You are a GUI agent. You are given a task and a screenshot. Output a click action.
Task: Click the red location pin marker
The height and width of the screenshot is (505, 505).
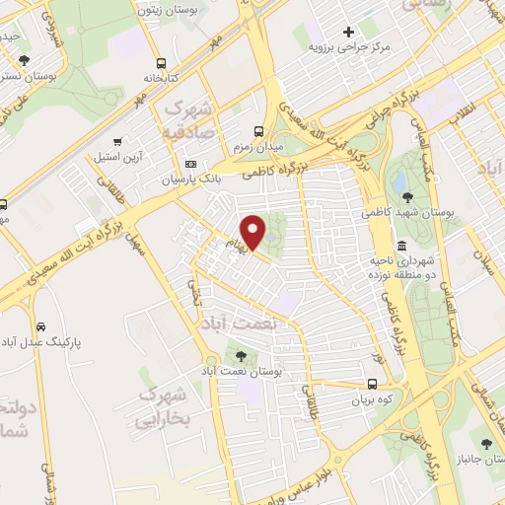[x=254, y=232]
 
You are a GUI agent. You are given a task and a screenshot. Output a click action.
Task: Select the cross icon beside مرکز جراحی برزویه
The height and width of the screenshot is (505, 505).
[x=348, y=31]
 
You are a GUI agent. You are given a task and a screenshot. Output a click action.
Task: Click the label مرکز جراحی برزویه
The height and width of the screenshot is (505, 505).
[x=349, y=47]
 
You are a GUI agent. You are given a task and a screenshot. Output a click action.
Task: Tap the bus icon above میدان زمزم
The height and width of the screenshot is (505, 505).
[x=258, y=130]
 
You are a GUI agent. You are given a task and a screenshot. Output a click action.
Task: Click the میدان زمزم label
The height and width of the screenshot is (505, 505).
[x=258, y=147]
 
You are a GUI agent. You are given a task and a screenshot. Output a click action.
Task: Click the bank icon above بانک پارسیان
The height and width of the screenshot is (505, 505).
[x=190, y=164]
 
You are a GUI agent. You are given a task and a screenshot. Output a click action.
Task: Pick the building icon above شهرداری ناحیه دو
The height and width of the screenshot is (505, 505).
[x=401, y=246]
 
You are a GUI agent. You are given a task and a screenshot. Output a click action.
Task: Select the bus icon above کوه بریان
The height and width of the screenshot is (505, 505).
[x=372, y=385]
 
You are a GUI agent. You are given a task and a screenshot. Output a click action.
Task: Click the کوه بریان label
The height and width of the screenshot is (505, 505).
[x=372, y=401]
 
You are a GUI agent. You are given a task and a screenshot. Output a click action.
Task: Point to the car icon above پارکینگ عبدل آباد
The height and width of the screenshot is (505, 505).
[x=40, y=326]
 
